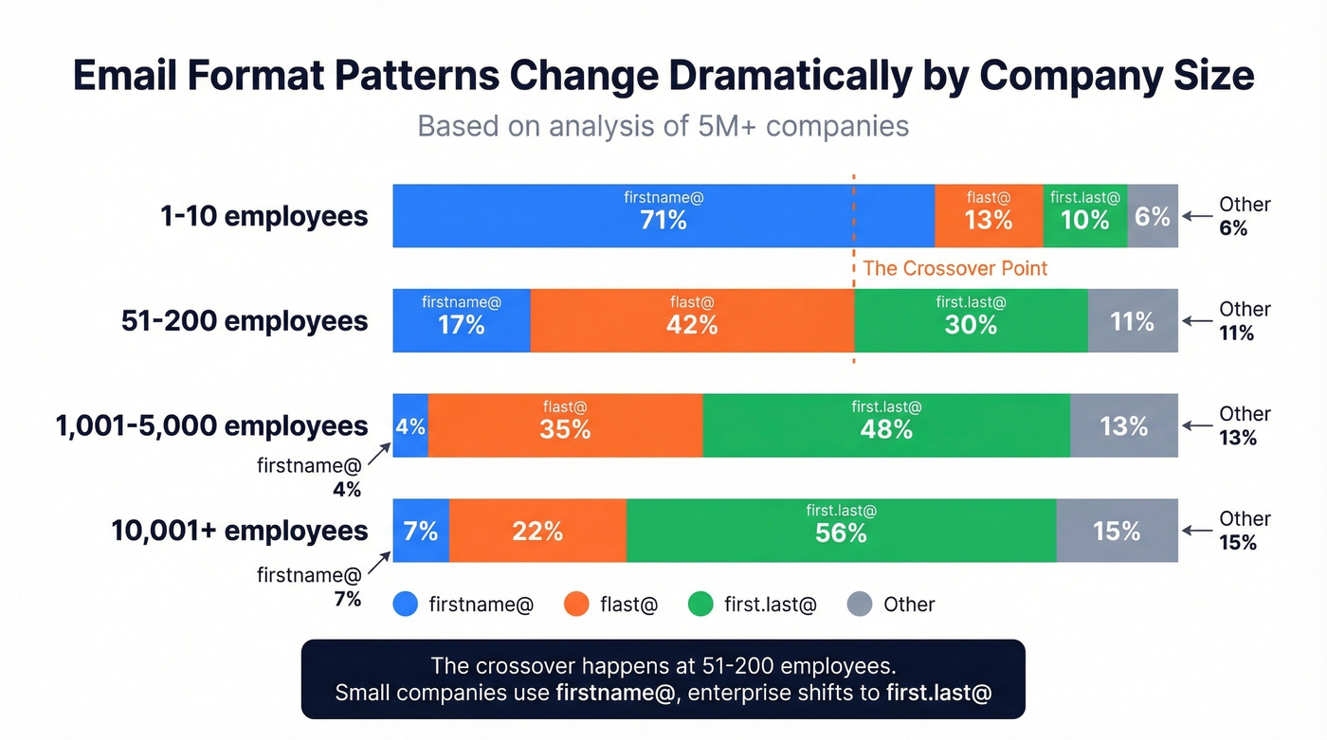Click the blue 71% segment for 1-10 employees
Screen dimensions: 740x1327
coord(663,216)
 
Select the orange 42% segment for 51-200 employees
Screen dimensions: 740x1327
coord(692,321)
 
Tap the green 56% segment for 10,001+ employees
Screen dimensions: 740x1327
coord(841,531)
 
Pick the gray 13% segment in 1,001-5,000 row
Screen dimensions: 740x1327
coord(1124,426)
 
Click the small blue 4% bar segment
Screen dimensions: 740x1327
coord(410,426)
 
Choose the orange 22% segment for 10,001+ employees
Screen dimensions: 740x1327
coord(537,531)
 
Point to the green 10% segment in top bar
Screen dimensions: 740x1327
coord(1084,216)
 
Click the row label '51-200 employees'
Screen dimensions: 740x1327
coord(245,321)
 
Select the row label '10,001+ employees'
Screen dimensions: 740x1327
coord(239,531)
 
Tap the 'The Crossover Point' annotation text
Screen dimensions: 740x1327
coord(954,268)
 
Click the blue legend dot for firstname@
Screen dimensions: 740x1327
coord(406,605)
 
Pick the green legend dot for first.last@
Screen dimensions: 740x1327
coord(700,605)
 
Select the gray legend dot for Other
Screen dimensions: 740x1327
coord(859,605)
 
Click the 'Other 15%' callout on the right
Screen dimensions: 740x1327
coord(1243,531)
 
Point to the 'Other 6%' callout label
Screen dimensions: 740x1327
coord(1243,216)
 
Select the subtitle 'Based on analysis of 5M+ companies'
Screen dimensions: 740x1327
coord(663,126)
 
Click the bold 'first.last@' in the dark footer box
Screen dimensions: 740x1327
coord(938,693)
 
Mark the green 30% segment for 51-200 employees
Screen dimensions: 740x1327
coord(971,321)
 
